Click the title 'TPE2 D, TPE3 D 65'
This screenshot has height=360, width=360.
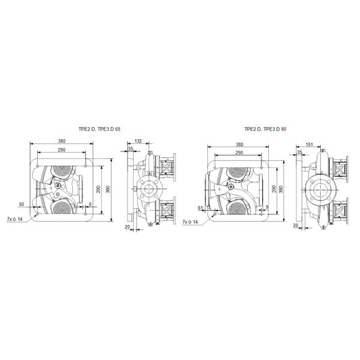tap(99, 129)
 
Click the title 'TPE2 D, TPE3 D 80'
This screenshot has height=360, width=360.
tap(265, 129)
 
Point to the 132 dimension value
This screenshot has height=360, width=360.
tap(138, 141)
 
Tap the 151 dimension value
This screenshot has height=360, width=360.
tap(309, 145)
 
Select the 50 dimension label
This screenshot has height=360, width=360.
tap(21, 204)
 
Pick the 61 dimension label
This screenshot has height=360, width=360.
tap(201, 208)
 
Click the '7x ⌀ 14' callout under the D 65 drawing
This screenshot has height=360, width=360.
tap(15, 220)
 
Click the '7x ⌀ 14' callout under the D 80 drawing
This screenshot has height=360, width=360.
tap(190, 222)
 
